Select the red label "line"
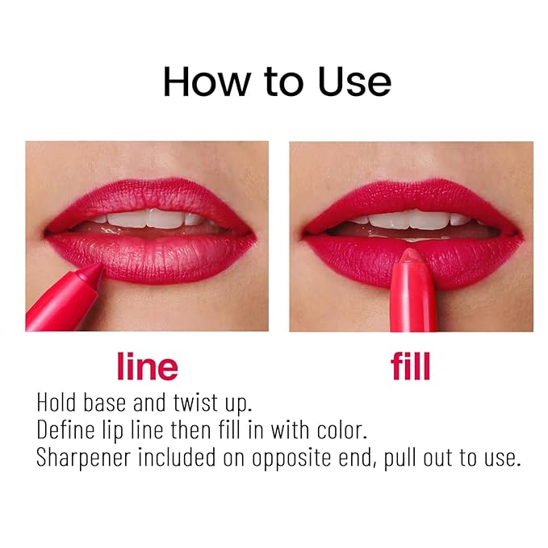(x=147, y=366)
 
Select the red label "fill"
(x=411, y=366)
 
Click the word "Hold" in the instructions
(x=59, y=402)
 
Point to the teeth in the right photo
(x=412, y=218)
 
